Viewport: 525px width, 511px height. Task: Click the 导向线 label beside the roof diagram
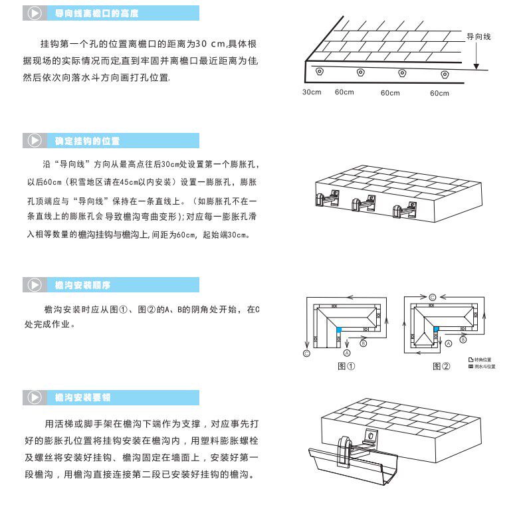coord(478,37)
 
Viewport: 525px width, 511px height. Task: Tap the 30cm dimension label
coord(311,92)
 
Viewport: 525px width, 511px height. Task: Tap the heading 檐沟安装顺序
coord(83,285)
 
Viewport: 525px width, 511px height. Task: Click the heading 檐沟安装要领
coord(83,398)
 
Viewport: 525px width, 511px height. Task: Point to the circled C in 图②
coord(432,296)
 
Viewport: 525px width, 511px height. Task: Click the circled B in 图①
coord(363,344)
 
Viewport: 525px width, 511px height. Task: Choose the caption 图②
coord(441,366)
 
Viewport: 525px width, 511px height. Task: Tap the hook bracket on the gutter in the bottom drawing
coord(345,448)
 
